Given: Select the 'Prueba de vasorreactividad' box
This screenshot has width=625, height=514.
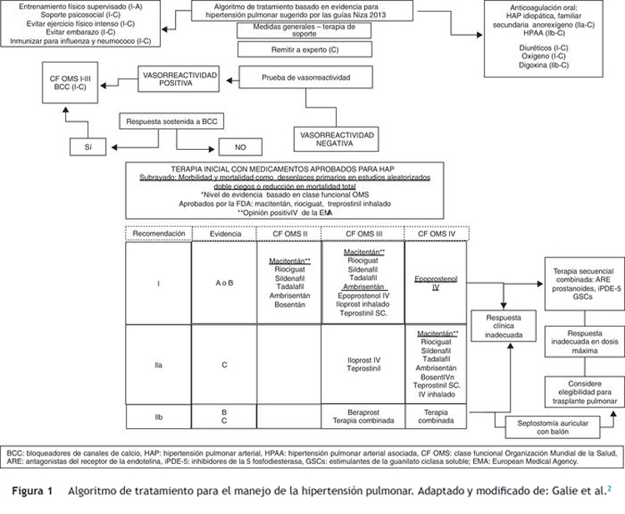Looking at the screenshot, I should (x=307, y=77).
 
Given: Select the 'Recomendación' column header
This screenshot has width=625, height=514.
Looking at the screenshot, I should (x=158, y=233).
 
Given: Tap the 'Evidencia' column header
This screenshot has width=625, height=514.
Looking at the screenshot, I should (x=224, y=233).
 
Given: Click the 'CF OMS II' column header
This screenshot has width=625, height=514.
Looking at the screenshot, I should (x=290, y=233).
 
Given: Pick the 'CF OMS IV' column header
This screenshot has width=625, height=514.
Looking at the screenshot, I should (x=436, y=233).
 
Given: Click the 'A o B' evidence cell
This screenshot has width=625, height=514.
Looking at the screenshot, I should (x=224, y=282).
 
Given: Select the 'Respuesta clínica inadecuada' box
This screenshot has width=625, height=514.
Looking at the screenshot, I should (x=503, y=326).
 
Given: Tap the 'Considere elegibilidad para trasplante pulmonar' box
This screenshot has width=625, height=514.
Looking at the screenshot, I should (x=579, y=392).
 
